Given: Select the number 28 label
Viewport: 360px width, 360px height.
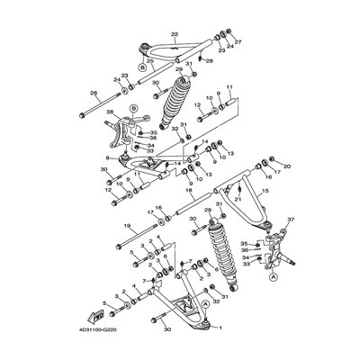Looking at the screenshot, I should (x=209, y=61).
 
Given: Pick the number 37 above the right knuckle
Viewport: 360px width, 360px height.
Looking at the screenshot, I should (x=291, y=244).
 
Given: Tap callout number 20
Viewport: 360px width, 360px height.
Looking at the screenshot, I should (x=288, y=166).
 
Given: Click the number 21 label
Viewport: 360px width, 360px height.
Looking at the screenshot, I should (x=236, y=198).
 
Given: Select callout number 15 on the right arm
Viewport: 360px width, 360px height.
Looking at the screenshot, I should (x=265, y=192).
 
